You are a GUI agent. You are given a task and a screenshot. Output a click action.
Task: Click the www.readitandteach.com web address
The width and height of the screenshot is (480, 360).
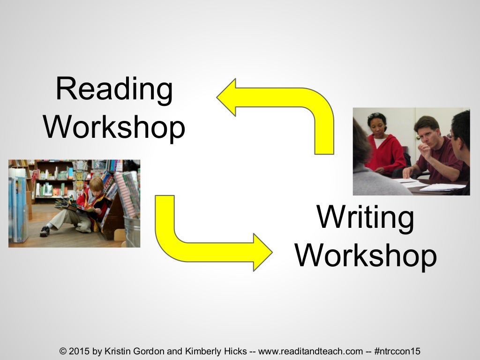(x=311, y=351)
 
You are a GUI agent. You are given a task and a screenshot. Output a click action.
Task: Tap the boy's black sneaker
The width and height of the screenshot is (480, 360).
(x=45, y=231)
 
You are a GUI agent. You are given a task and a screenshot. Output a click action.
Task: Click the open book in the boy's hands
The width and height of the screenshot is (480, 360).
(x=68, y=204)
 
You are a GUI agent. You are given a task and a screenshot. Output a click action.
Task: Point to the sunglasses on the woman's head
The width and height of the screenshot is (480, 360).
(x=375, y=115)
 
